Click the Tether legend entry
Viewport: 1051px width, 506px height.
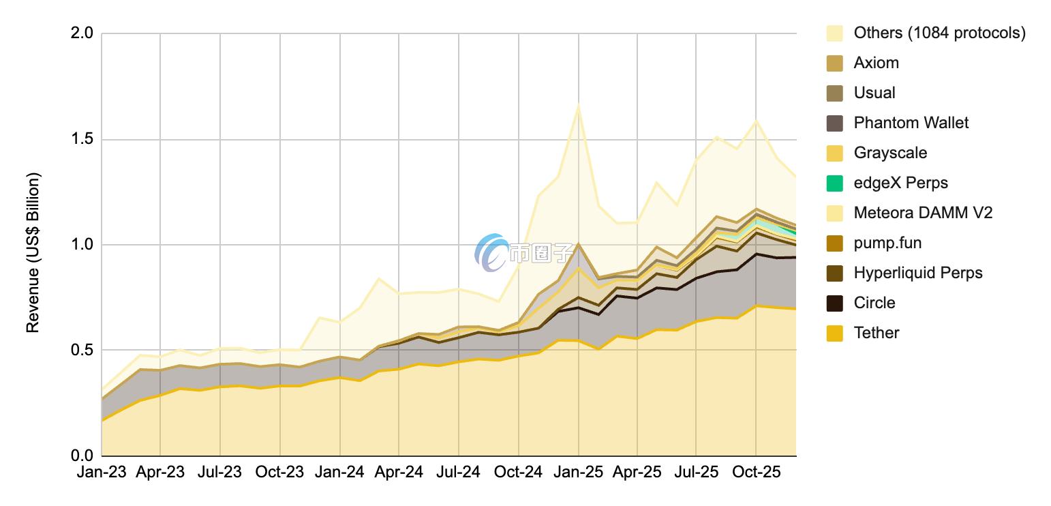click(x=876, y=333)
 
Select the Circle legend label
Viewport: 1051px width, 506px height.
click(x=874, y=303)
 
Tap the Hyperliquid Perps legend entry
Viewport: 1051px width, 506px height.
click(x=917, y=273)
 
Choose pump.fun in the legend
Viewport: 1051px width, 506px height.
click(x=887, y=243)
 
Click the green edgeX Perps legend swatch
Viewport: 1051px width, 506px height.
click(x=835, y=183)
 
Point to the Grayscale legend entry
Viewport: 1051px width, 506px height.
click(x=890, y=153)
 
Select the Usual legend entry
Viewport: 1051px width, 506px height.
click(x=874, y=93)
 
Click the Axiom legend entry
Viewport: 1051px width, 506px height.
click(x=876, y=63)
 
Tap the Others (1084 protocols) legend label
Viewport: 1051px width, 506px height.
click(x=939, y=33)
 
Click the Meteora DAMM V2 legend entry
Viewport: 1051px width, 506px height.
click(x=923, y=213)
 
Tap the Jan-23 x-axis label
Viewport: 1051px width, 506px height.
click(x=101, y=472)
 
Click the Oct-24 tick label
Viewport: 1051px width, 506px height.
click(x=518, y=472)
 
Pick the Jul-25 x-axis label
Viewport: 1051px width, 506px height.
click(x=696, y=472)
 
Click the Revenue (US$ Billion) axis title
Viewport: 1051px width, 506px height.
click(x=33, y=253)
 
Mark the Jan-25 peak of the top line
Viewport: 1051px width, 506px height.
click(x=578, y=104)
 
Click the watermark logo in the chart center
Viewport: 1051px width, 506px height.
click(x=491, y=252)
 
